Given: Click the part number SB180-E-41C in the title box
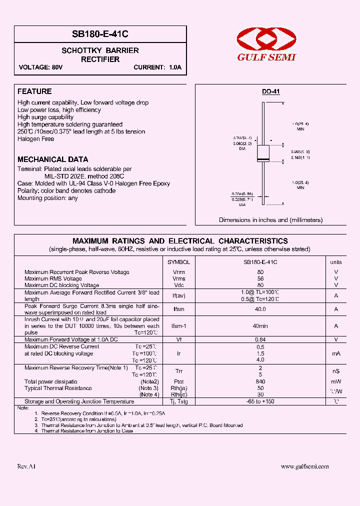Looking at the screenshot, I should click(100, 34).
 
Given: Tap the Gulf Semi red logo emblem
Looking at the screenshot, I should click(266, 38).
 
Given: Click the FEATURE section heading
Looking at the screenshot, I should click(34, 91).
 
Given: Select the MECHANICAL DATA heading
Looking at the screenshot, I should click(52, 159).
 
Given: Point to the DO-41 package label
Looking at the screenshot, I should click(271, 92).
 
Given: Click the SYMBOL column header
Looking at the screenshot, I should click(178, 262).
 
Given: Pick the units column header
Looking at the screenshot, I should click(336, 262).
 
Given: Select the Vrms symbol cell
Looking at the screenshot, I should click(178, 278).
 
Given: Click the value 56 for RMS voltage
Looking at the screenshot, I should click(260, 278).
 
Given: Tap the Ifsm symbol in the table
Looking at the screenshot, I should click(178, 309).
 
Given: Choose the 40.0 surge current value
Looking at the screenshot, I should click(260, 309).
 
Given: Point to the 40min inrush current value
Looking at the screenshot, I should click(260, 325).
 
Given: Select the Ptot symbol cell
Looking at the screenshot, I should click(178, 381).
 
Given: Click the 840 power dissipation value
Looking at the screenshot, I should click(260, 381).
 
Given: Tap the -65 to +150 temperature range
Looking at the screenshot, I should click(260, 401).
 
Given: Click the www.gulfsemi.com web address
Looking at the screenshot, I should click(304, 466).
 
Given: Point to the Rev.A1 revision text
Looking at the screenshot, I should click(26, 466).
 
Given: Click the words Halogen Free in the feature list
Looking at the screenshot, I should click(35, 139).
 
